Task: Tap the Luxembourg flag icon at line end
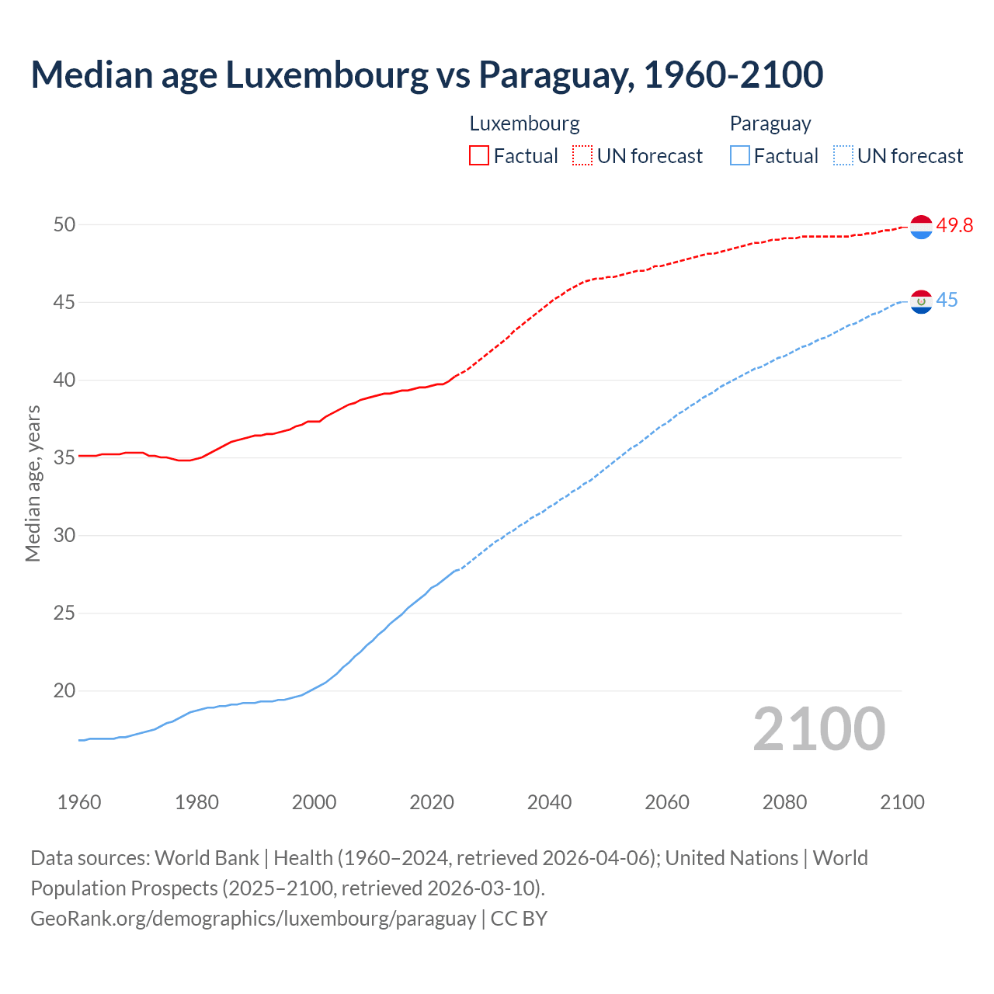click(921, 227)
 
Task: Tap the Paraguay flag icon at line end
click(921, 301)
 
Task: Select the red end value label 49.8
click(954, 226)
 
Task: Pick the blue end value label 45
click(947, 301)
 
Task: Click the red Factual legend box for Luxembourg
click(479, 156)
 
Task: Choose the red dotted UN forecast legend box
click(582, 156)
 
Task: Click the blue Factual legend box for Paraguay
click(740, 156)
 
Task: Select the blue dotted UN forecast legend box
click(843, 156)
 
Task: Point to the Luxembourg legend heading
click(524, 123)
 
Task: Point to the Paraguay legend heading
click(770, 123)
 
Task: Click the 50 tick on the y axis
click(64, 225)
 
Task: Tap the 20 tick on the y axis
click(64, 691)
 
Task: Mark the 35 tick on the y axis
click(64, 458)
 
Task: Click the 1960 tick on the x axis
click(79, 802)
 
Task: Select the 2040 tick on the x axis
click(549, 802)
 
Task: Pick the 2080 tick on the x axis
click(784, 802)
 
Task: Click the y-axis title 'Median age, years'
click(33, 483)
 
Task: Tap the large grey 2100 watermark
click(818, 729)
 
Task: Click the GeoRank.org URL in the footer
click(253, 919)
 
